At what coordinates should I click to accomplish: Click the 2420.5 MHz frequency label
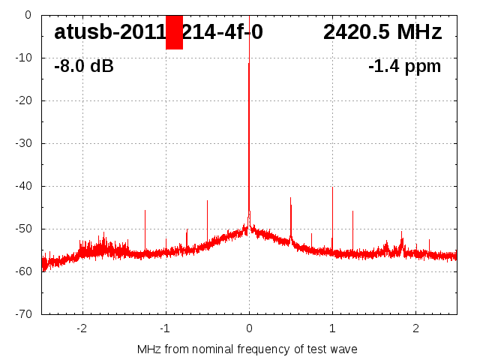(382, 32)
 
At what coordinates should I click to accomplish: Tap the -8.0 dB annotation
(84, 67)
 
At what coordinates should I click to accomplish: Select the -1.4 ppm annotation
(404, 67)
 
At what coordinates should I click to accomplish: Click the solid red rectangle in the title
(174, 32)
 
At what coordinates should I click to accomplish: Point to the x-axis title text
(247, 349)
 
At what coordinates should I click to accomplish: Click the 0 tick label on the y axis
(27, 14)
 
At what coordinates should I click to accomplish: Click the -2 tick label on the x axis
(82, 328)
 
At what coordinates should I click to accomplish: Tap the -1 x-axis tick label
(165, 328)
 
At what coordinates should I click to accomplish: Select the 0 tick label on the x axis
(249, 328)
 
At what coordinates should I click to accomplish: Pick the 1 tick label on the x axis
(332, 328)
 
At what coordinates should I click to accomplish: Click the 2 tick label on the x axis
(415, 328)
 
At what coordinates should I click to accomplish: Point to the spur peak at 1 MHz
(332, 189)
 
